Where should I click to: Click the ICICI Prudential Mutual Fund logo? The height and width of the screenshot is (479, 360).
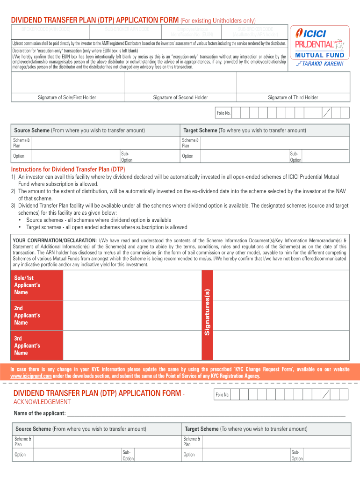320,44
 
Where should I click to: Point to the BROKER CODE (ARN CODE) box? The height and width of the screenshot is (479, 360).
46,29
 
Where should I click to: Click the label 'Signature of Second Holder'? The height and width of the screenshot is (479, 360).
180,97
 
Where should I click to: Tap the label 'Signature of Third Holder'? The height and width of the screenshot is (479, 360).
293,97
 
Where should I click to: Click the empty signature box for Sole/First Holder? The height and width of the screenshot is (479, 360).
67,82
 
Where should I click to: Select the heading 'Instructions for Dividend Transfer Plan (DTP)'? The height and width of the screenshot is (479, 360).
68,169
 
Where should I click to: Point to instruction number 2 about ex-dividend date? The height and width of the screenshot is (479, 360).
178,191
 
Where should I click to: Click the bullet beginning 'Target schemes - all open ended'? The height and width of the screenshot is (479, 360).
107,227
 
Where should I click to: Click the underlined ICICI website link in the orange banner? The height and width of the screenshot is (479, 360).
31,376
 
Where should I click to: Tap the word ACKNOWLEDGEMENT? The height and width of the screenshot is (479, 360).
42,402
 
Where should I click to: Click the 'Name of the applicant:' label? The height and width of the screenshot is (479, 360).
39,413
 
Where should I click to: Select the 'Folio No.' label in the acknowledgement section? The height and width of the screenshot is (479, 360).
223,395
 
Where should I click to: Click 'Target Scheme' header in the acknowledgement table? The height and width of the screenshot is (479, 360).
202,429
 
